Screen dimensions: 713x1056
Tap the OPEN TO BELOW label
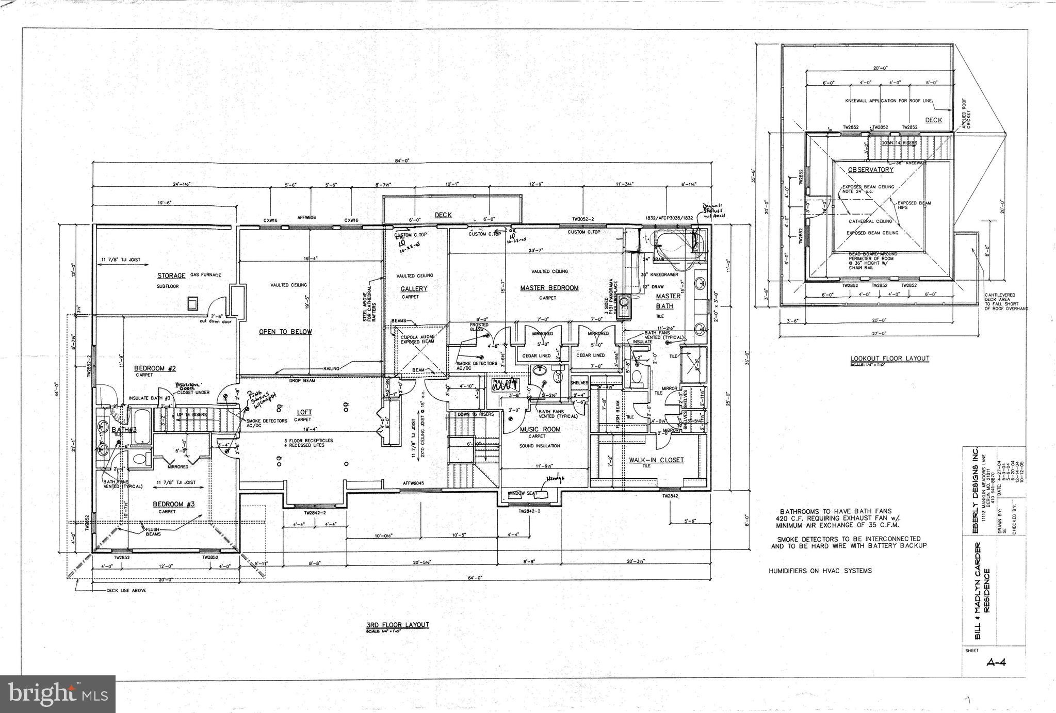[285, 332]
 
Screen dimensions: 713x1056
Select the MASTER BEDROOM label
[549, 288]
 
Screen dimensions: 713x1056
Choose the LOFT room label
[304, 412]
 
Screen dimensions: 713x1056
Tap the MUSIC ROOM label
[540, 429]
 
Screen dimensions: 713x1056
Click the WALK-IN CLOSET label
[656, 460]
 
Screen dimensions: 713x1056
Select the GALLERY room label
[414, 289]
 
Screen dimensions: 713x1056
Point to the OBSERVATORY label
[870, 170]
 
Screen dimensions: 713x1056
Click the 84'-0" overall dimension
[402, 161]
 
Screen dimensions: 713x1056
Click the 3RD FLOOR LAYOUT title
[398, 625]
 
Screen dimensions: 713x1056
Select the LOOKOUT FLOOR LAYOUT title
[889, 358]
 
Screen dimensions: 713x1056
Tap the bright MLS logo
[58, 694]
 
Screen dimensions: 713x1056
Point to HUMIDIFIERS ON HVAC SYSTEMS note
[820, 571]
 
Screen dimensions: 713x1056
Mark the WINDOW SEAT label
[523, 493]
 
